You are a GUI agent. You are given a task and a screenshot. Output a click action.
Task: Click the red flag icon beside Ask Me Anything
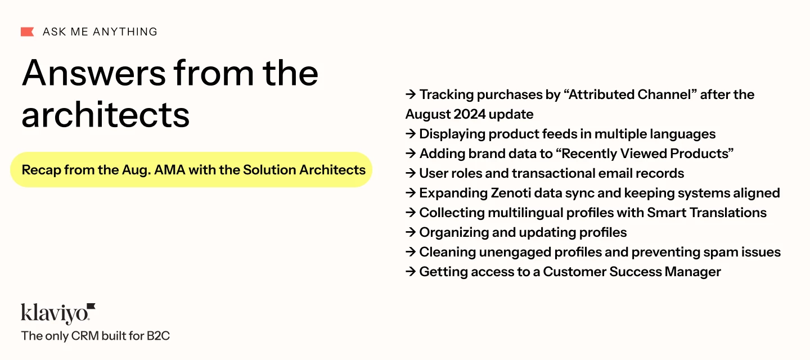28,31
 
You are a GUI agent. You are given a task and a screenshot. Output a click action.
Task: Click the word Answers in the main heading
93,73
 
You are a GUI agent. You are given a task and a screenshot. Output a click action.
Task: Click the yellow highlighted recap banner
191,170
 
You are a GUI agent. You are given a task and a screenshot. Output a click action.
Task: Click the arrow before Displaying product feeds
411,134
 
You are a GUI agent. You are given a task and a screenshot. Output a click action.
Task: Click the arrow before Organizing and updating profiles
411,232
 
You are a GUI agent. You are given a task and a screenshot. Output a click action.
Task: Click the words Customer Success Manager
632,272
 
